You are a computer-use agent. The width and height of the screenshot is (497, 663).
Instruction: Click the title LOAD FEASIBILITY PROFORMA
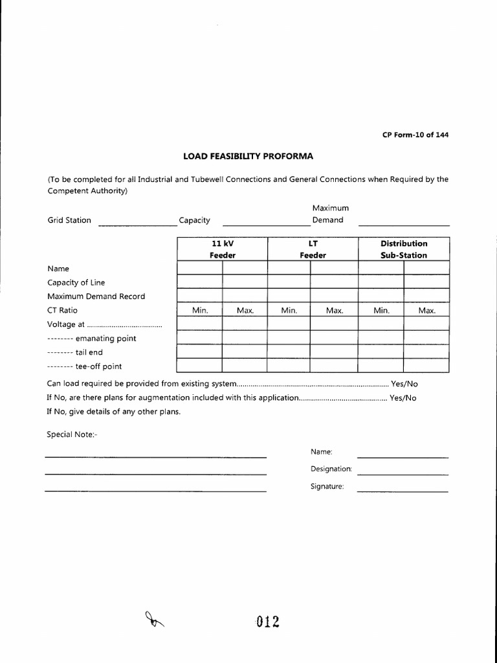(x=248, y=156)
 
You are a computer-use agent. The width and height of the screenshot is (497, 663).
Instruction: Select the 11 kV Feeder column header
(x=222, y=249)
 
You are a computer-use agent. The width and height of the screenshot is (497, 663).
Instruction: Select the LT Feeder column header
(x=313, y=249)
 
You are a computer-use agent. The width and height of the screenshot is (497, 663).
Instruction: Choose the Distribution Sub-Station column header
(x=404, y=249)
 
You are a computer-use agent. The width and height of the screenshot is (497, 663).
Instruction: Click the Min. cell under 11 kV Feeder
(x=200, y=311)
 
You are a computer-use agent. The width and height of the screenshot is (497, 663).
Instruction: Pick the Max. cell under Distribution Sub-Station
(x=426, y=311)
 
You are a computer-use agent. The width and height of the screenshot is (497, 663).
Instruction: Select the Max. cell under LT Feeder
(x=334, y=311)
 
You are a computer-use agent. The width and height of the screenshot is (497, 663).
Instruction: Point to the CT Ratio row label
(x=62, y=310)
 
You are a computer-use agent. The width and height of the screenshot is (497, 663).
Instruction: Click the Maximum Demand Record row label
(x=96, y=297)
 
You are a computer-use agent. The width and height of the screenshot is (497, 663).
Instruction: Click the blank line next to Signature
(x=403, y=491)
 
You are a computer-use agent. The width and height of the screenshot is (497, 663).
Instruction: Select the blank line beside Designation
(x=403, y=474)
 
